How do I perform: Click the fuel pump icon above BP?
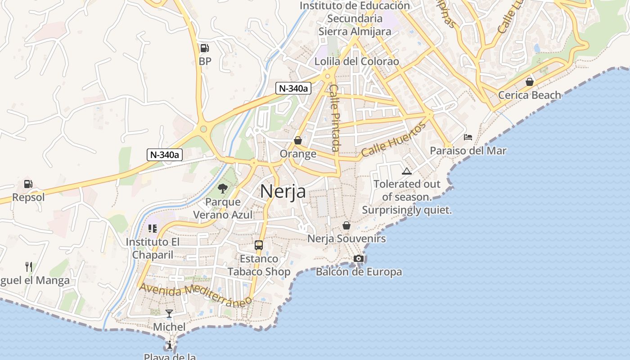(204, 48)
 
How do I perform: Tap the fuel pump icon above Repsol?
(28, 184)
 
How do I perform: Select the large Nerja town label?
(283, 192)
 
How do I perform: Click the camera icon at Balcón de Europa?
(359, 258)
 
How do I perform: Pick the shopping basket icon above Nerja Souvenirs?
(346, 225)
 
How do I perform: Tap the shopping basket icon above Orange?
(297, 140)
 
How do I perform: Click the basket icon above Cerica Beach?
(530, 82)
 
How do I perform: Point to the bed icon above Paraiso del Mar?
(468, 137)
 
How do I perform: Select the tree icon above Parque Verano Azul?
(223, 188)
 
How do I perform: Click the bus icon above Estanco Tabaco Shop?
(259, 245)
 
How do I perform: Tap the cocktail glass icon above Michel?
(169, 313)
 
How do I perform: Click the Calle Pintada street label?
(335, 118)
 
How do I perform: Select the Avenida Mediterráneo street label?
(195, 295)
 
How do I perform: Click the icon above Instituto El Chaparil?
(153, 229)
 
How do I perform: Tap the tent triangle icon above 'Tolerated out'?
(407, 171)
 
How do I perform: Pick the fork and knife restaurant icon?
(29, 267)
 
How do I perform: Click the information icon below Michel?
(169, 345)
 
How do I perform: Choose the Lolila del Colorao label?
(357, 61)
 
